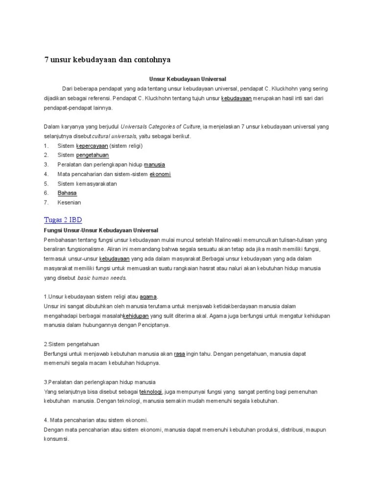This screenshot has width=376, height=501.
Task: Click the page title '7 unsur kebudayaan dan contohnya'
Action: [x=107, y=60]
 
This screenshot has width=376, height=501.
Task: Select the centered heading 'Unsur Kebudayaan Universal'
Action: [x=188, y=78]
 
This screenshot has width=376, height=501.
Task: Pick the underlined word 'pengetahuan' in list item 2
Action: [x=93, y=155]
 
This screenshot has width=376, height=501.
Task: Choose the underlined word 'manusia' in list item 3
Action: [x=154, y=164]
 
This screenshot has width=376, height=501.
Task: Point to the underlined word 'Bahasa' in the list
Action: [x=67, y=193]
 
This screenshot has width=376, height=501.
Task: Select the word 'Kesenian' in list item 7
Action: [x=69, y=202]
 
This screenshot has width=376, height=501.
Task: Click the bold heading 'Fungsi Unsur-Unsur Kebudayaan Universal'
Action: [x=101, y=230]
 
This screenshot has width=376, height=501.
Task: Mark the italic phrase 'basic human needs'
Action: [x=101, y=278]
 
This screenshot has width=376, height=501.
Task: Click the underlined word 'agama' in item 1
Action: [x=148, y=296]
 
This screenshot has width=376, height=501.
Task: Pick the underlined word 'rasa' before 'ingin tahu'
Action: [x=179, y=353]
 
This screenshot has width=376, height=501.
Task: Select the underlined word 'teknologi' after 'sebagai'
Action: [x=151, y=392]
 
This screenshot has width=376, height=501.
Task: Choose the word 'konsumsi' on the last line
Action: [x=55, y=439]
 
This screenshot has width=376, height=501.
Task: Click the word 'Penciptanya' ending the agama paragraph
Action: [x=153, y=325]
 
